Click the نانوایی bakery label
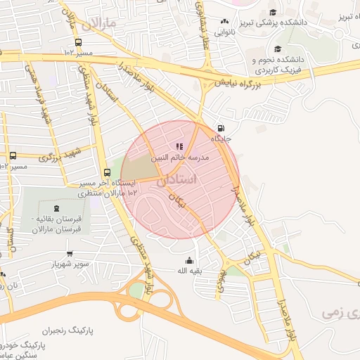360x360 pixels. coord(223,32)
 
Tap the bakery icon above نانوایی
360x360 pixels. coord(224,22)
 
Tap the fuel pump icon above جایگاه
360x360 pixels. coord(222,129)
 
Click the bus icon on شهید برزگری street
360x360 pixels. coord(13,155)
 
